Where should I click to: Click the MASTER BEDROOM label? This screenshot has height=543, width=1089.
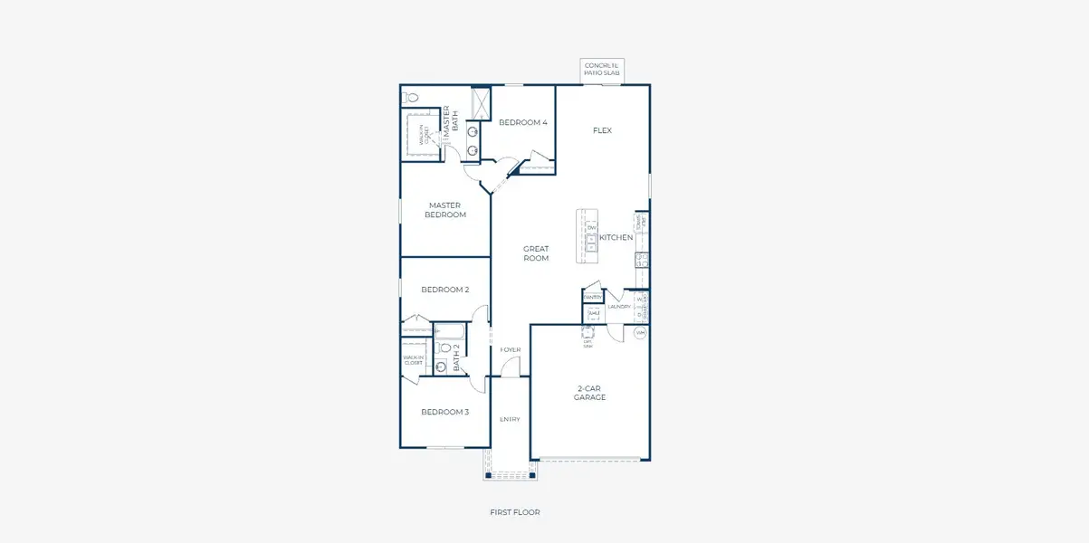tap(445, 210)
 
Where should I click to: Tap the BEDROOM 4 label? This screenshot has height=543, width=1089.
tap(523, 122)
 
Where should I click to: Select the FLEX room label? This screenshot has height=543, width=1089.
tap(602, 130)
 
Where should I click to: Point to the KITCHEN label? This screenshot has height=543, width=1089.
tap(616, 237)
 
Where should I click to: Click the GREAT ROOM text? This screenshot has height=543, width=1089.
tap(536, 253)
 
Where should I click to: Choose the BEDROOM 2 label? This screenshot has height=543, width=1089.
tap(445, 290)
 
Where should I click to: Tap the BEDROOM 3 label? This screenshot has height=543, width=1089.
tap(445, 412)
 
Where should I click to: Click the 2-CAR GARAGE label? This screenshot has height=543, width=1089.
tap(590, 393)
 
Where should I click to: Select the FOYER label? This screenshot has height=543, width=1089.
tap(511, 349)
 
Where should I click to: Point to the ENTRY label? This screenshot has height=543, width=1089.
tap(511, 419)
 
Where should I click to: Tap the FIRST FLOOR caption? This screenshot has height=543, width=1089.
tap(514, 512)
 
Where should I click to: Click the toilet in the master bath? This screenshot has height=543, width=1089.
tap(411, 97)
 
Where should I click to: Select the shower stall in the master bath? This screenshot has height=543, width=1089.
tap(482, 102)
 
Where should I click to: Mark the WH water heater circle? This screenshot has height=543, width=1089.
tap(640, 333)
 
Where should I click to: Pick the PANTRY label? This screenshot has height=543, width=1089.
tap(593, 297)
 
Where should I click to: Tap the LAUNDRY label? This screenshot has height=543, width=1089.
tap(618, 307)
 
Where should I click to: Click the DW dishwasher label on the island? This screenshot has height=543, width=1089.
tap(591, 228)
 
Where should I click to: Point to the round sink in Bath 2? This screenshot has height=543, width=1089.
tap(441, 367)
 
